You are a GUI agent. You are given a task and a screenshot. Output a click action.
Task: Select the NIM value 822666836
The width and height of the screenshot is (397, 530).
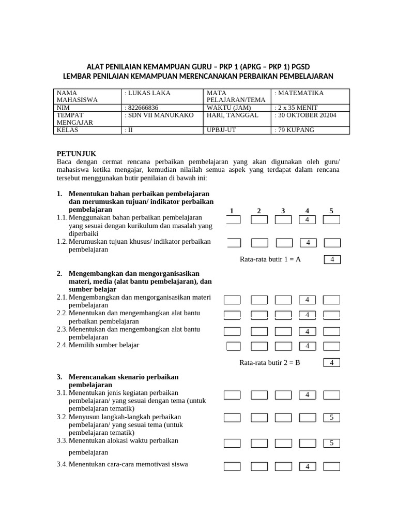(142, 107)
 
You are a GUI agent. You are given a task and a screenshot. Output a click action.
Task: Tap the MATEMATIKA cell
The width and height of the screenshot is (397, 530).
(300, 93)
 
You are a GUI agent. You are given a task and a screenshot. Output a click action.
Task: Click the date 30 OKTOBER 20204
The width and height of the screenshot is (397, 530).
(307, 115)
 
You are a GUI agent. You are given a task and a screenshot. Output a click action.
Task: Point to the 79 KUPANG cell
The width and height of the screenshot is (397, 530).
(295, 130)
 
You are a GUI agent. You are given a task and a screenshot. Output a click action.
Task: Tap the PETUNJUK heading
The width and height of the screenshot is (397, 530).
(76, 154)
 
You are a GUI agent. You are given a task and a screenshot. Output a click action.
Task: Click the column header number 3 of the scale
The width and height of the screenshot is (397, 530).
(283, 211)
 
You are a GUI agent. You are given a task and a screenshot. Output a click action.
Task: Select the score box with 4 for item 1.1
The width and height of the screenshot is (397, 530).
(308, 220)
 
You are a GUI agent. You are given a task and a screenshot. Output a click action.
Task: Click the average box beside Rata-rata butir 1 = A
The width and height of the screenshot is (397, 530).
(332, 259)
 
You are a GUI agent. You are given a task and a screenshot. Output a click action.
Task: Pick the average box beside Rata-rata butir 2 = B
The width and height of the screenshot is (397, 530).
(332, 363)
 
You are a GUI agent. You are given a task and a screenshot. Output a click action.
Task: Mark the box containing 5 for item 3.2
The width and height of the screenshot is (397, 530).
(332, 417)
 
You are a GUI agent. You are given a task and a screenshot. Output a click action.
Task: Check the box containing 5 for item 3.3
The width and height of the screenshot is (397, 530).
(332, 443)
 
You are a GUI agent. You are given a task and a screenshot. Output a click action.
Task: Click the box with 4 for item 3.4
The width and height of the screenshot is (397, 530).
(308, 467)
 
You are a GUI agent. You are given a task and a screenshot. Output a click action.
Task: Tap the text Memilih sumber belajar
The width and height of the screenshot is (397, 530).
(103, 345)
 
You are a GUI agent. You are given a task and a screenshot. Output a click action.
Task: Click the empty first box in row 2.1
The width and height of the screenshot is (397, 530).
(232, 300)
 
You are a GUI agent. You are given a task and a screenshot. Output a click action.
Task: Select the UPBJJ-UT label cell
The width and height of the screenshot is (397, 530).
(221, 130)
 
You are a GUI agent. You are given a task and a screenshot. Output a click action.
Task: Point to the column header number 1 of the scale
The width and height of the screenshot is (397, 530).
(232, 211)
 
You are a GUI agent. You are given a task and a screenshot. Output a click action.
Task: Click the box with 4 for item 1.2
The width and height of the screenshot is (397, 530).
(308, 243)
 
